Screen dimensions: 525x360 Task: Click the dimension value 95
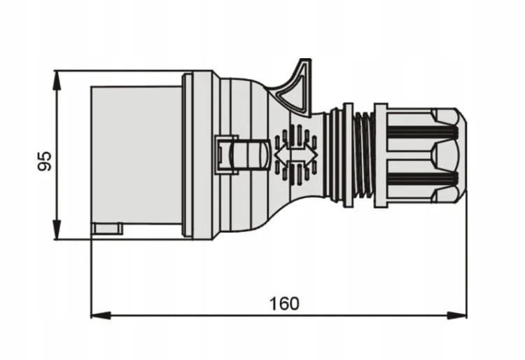45,161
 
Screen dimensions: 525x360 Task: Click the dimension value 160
284,304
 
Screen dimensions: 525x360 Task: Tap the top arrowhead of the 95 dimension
57,81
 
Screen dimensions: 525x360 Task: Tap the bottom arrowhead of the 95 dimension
57,230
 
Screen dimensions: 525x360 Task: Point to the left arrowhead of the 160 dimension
101,315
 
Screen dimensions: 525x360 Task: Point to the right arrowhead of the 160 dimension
456,315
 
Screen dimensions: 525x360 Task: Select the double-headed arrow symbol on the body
296,154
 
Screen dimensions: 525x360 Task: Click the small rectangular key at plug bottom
108,229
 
